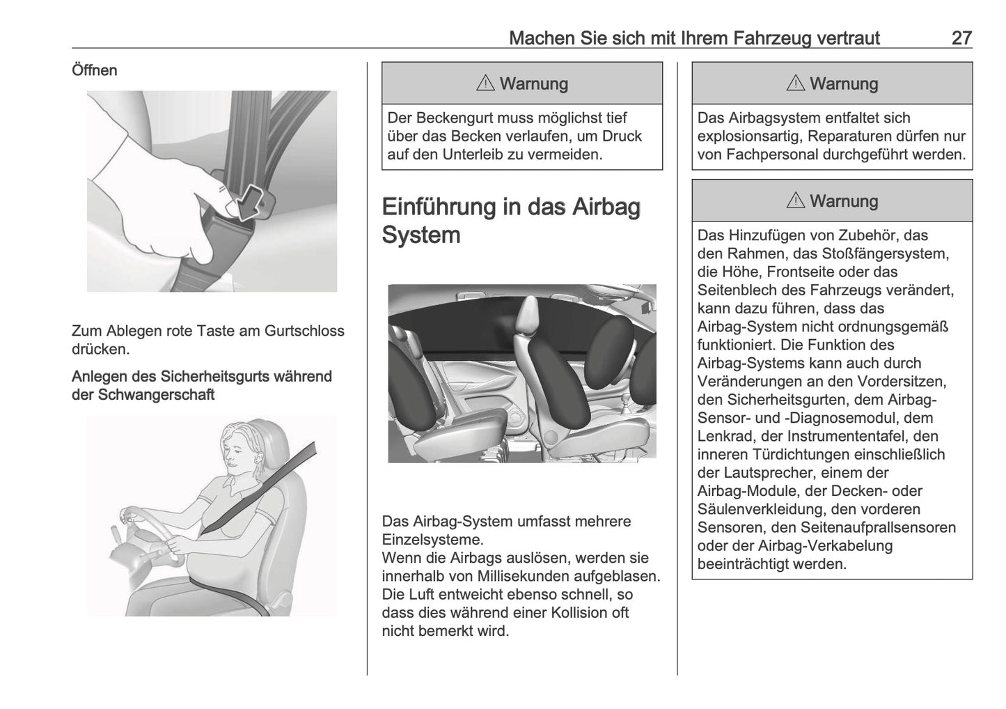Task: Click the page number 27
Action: [x=961, y=38]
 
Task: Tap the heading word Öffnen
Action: [x=94, y=70]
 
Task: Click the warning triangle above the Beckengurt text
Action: [x=485, y=84]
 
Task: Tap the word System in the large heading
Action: [x=421, y=235]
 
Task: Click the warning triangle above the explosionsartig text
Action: [x=795, y=84]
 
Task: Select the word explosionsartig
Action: [x=748, y=137]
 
